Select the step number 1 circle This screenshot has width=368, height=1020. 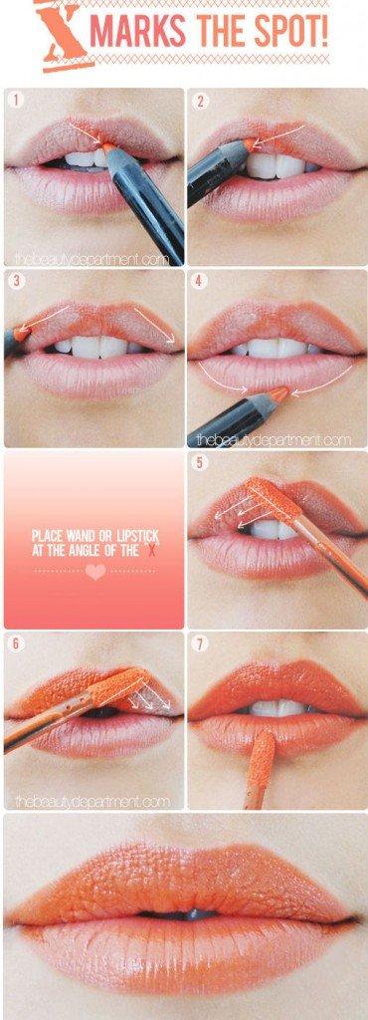pyautogui.click(x=16, y=101)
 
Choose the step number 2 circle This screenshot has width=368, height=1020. pyautogui.click(x=201, y=101)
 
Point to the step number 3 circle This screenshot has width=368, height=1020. pyautogui.click(x=16, y=282)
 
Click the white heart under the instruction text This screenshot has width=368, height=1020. pyautogui.click(x=95, y=572)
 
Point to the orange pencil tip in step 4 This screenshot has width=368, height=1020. pyautogui.click(x=279, y=393)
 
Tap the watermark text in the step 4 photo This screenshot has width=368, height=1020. pyautogui.click(x=274, y=440)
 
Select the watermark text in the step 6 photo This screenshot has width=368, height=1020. pyautogui.click(x=92, y=802)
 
